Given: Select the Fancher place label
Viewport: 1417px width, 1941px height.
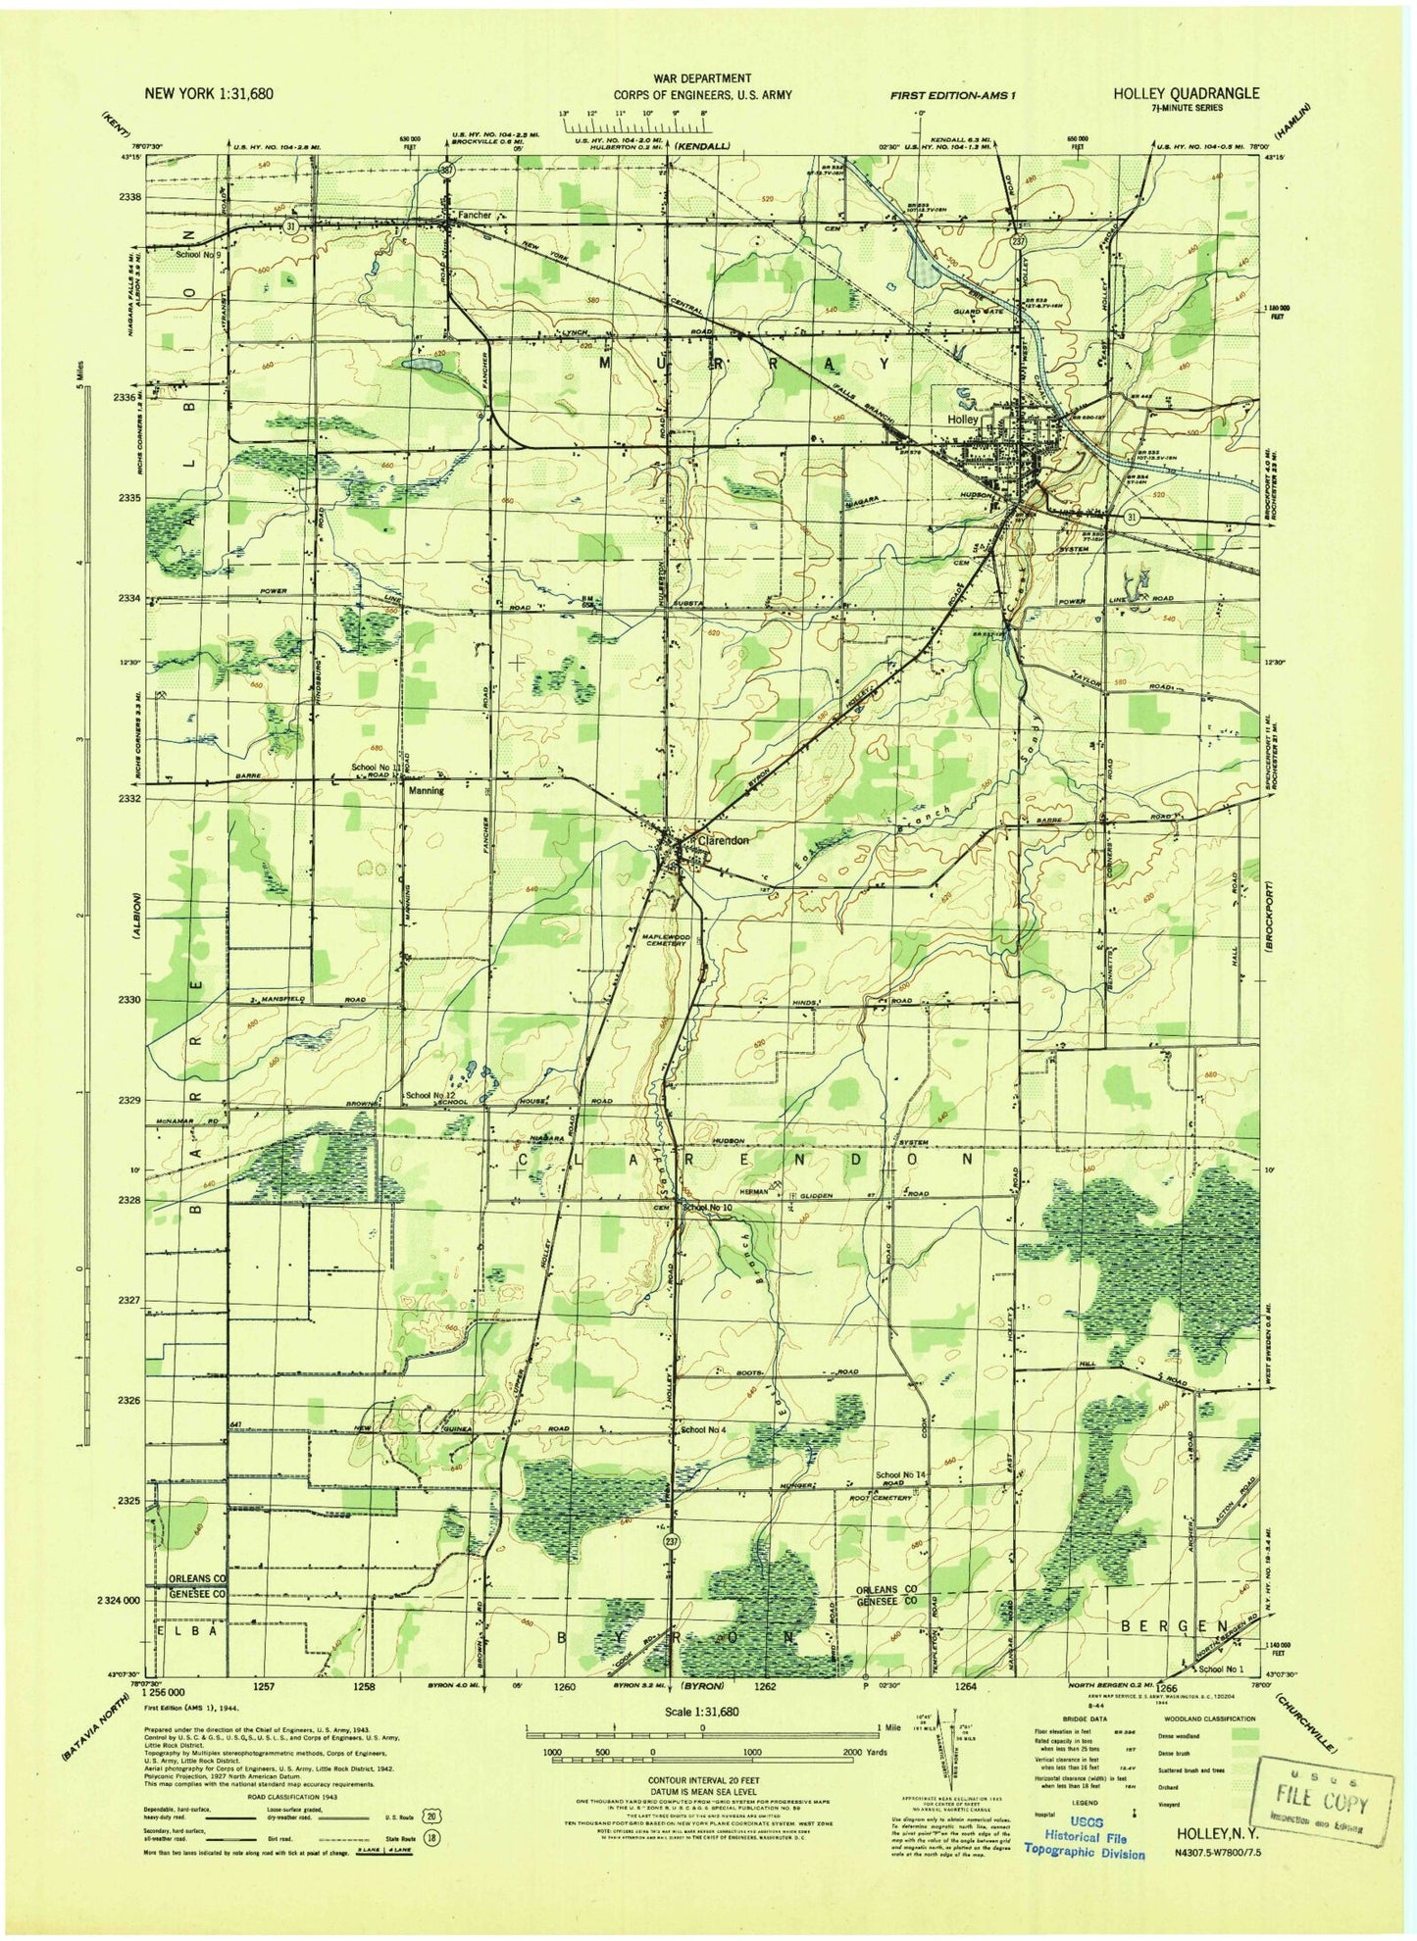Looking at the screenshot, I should coord(475,214).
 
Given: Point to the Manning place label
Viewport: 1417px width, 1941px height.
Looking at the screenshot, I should coord(426,790).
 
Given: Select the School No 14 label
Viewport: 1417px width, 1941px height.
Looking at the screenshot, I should coord(901,1474).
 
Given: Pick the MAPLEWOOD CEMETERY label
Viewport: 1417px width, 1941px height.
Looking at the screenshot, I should coord(667,941).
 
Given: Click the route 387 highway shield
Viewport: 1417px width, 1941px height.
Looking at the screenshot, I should coord(445,170).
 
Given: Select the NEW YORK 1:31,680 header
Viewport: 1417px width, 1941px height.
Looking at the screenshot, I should coord(209,93).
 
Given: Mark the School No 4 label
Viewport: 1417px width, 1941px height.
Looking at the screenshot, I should coord(703,1429).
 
